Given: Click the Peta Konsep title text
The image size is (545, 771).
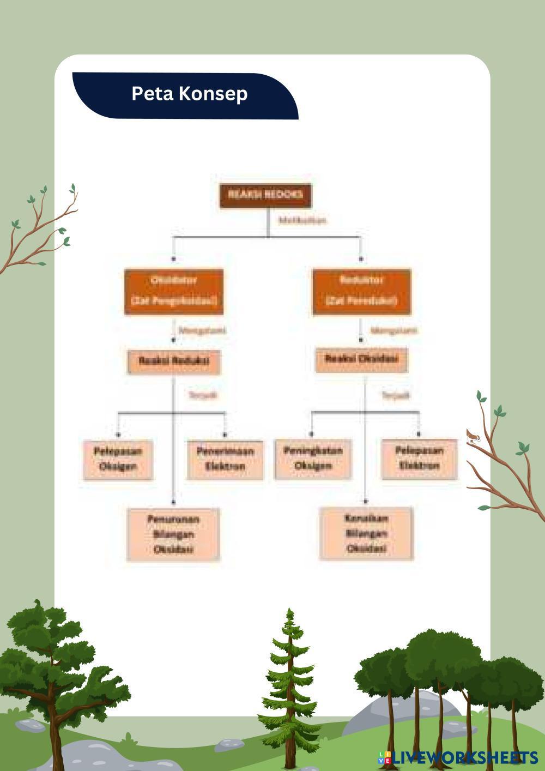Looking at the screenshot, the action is [x=189, y=93].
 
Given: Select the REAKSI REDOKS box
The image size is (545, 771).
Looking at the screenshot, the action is [x=265, y=195].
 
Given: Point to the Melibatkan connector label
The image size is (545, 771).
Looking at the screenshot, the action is [x=302, y=220].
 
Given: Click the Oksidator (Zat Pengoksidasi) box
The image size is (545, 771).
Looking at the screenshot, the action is [x=174, y=291].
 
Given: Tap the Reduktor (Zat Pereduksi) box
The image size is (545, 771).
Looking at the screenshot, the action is [x=361, y=291].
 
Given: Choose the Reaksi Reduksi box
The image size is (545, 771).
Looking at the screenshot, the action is [x=174, y=362].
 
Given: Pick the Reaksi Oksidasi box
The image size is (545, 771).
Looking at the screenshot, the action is [x=361, y=359].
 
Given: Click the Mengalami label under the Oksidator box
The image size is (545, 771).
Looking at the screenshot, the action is [x=202, y=330].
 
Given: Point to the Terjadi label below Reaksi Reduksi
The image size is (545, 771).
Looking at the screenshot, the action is [x=202, y=395].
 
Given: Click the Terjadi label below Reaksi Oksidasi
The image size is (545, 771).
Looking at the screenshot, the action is [x=395, y=395].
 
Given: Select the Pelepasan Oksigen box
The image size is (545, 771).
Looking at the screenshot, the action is [x=118, y=460].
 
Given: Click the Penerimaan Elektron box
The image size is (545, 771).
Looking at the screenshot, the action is [x=225, y=460].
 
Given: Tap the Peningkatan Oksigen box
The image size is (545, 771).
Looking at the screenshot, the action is [x=313, y=459].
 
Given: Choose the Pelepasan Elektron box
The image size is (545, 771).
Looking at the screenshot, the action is [x=419, y=459].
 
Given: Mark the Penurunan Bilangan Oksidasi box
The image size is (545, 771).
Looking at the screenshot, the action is [x=173, y=534].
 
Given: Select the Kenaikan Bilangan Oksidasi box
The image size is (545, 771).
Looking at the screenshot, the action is [x=366, y=533].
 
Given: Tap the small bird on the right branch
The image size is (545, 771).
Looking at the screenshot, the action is [x=472, y=435].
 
